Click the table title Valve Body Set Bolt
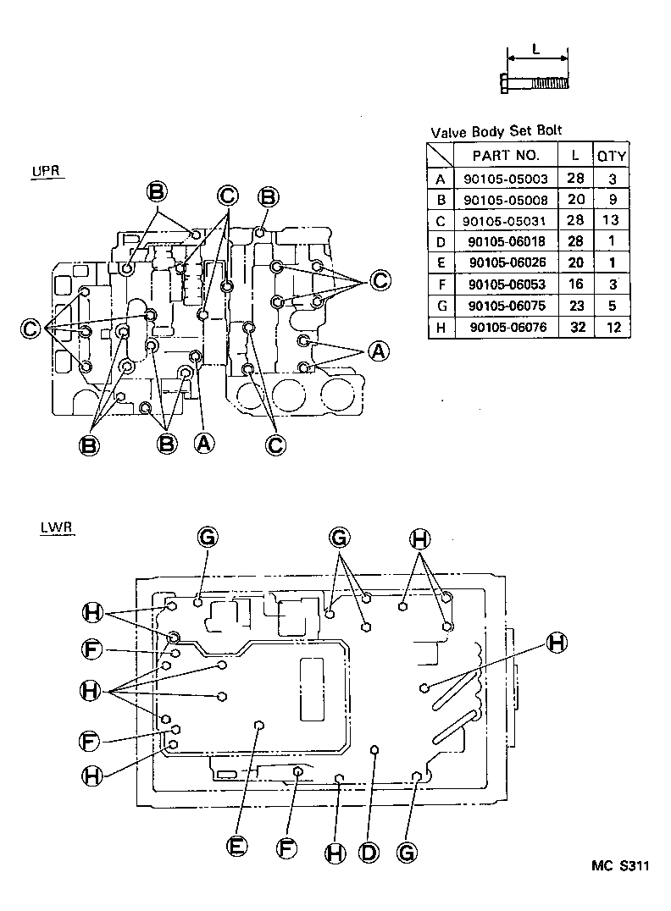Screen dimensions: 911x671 (496, 131)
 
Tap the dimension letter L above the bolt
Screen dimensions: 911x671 (536, 49)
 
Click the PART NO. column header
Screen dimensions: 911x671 (505, 155)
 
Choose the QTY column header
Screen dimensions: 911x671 (612, 156)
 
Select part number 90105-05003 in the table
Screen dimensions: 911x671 (506, 179)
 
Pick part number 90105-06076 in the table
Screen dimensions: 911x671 (506, 328)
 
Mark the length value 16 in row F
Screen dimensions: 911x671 (575, 284)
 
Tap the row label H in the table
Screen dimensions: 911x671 (440, 328)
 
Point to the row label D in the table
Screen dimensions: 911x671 (440, 242)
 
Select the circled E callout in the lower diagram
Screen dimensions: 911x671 (237, 846)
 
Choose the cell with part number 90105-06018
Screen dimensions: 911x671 (506, 242)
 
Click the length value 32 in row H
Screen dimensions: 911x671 (575, 328)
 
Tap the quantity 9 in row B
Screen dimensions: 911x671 (612, 200)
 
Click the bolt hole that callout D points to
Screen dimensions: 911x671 (374, 750)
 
